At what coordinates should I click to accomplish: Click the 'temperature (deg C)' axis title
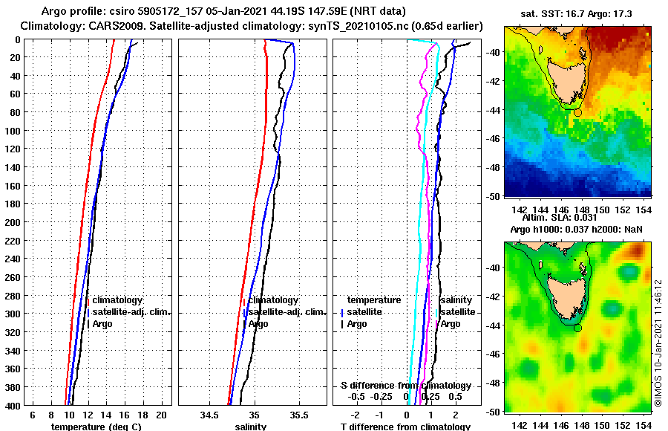96,427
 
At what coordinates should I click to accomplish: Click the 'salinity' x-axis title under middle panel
251,427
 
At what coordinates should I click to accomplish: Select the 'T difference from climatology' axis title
405,427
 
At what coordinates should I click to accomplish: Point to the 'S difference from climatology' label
405,386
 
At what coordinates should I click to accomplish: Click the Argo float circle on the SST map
578,111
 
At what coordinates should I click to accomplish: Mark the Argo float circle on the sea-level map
578,327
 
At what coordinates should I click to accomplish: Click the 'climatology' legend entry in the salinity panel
274,300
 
